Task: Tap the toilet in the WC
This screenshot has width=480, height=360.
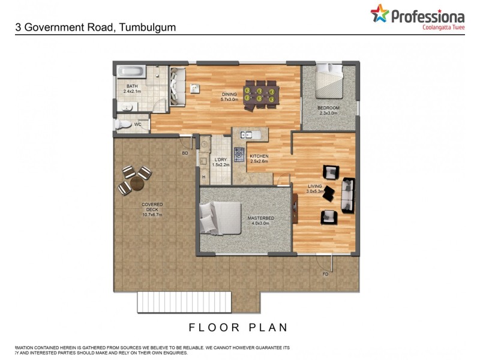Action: (122, 124)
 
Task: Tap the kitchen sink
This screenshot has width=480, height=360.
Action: (247, 134)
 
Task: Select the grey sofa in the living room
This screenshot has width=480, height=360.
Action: (348, 195)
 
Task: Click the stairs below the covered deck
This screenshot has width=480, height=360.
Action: (184, 301)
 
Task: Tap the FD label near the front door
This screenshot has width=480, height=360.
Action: (326, 274)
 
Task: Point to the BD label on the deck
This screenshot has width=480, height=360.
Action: (185, 154)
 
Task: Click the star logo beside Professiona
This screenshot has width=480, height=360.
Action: (379, 13)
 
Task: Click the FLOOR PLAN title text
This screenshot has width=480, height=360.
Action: (239, 328)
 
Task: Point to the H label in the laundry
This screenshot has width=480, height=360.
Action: (204, 177)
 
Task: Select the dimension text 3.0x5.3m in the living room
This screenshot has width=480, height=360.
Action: (315, 191)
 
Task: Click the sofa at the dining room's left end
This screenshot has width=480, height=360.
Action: (178, 87)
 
